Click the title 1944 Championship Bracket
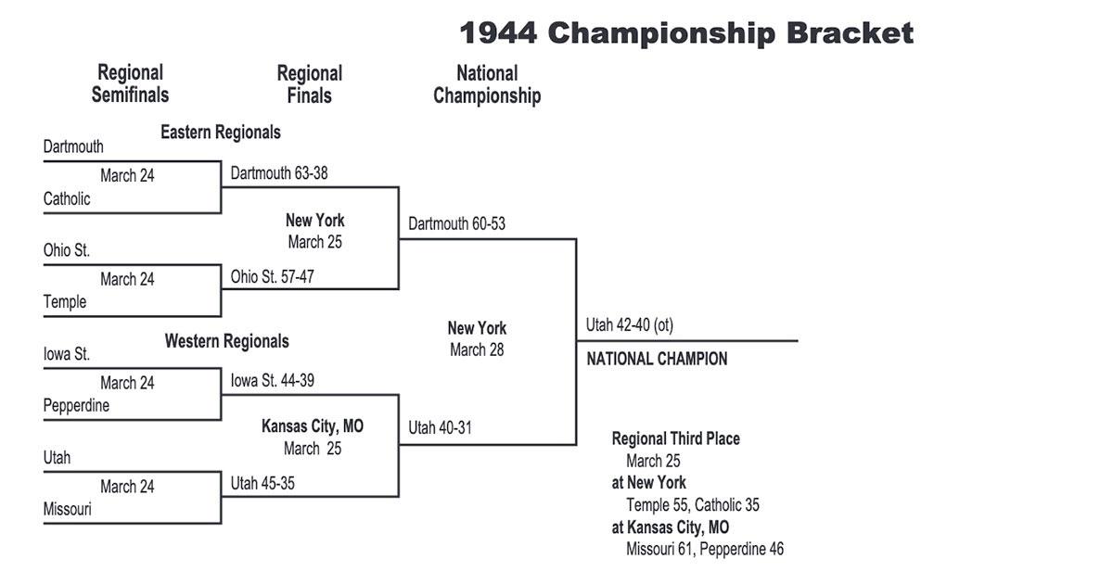(686, 34)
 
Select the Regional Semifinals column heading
(130, 83)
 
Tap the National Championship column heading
(487, 83)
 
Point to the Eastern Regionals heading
(220, 132)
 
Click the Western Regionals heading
(226, 341)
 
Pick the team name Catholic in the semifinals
(67, 198)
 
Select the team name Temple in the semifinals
(65, 301)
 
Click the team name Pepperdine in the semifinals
(76, 405)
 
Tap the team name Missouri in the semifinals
(68, 509)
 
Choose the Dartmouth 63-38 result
(279, 172)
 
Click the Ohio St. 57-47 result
(277, 276)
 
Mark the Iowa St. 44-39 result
(278, 380)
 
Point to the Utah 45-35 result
(262, 483)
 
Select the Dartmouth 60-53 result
(456, 223)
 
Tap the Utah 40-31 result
(441, 428)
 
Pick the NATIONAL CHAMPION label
(657, 359)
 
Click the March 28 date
(477, 350)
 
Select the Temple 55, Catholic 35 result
(693, 505)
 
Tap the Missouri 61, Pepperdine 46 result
(705, 549)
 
